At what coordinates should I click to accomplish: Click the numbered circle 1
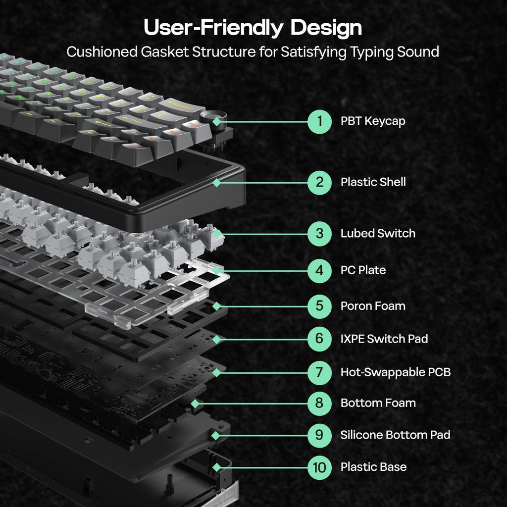click(319, 121)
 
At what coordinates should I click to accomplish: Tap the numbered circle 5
click(319, 306)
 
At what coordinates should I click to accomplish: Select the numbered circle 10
click(319, 467)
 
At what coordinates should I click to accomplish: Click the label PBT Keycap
click(372, 121)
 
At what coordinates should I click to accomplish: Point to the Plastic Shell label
click(373, 182)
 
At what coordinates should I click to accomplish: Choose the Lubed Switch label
click(378, 234)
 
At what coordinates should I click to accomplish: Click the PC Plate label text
click(363, 270)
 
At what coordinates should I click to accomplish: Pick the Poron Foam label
click(373, 306)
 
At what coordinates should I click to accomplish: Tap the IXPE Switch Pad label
click(384, 339)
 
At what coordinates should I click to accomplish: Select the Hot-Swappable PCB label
click(395, 372)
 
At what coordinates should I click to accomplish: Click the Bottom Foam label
click(378, 403)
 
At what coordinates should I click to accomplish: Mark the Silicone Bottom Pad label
click(395, 435)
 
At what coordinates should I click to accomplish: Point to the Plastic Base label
click(373, 467)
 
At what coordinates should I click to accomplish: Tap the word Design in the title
click(326, 28)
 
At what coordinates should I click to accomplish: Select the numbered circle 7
click(319, 372)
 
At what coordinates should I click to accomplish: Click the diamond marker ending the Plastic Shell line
click(216, 183)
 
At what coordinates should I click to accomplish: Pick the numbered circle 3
click(319, 234)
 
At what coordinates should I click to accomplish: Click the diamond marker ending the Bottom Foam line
click(195, 404)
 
